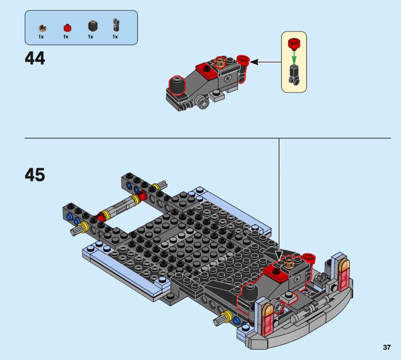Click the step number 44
[x=35, y=58]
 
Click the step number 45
[x=35, y=175]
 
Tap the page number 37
[x=386, y=347]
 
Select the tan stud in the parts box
[x=42, y=28]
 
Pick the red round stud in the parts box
[x=67, y=28]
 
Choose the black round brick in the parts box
[x=93, y=26]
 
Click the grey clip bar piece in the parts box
[x=116, y=25]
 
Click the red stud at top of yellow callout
[x=294, y=44]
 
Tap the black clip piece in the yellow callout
[x=294, y=75]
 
